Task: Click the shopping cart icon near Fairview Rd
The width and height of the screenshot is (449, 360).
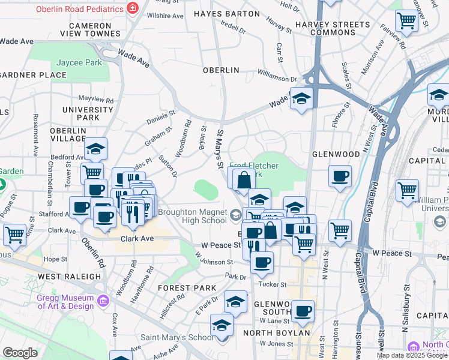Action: (x=406, y=20)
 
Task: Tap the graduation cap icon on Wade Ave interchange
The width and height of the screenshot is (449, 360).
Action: (x=301, y=98)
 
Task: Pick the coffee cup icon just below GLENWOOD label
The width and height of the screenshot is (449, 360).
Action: (x=340, y=176)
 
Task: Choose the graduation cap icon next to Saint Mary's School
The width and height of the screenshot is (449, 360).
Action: (x=221, y=325)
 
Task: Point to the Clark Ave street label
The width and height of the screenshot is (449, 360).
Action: (x=138, y=238)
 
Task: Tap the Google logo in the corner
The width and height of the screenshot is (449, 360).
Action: (x=20, y=353)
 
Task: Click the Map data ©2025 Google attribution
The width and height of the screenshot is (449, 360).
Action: (x=412, y=355)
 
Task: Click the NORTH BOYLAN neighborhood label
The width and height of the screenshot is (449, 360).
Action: (x=276, y=333)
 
